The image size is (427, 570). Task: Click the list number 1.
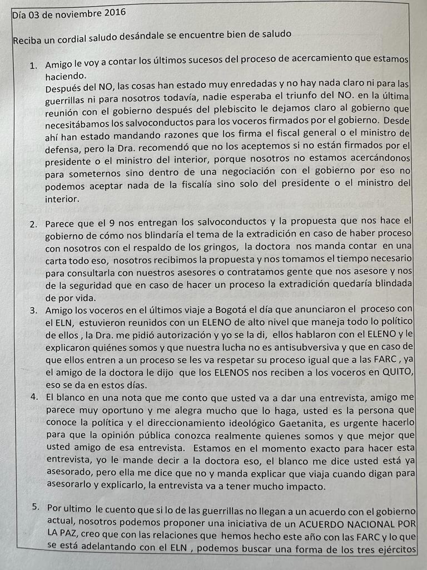point(33,66)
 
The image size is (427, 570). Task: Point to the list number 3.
point(34,311)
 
